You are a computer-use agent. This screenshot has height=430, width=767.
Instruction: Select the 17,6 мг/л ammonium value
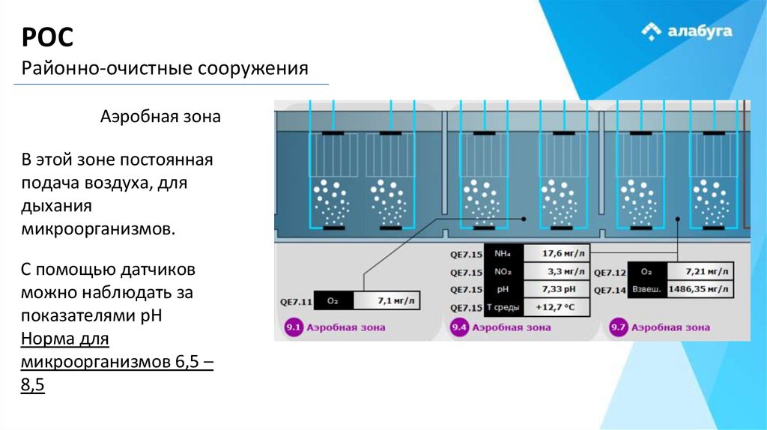pos(557,253)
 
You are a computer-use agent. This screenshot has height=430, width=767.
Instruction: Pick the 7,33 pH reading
pos(557,289)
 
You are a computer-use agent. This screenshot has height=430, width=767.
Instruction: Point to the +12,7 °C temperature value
pos(557,307)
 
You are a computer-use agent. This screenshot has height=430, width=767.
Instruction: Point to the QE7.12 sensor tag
pos(609,271)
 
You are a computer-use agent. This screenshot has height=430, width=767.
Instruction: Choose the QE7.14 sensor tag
pos(609,289)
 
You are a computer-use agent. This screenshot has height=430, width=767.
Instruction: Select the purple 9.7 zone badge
pos(618,327)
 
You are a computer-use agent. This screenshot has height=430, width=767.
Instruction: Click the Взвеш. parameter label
pos(646,289)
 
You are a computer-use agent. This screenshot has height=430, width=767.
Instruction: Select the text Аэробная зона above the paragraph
pos(160,118)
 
